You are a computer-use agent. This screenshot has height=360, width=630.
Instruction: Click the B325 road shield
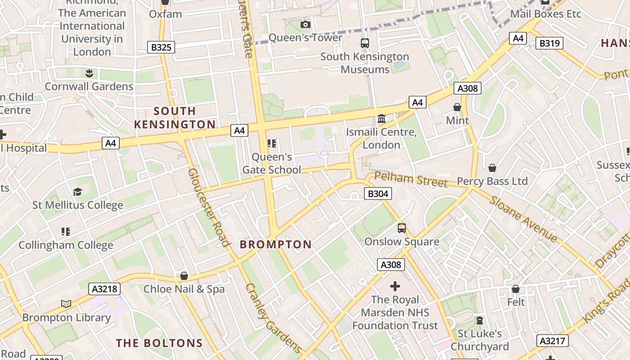pos(161,47)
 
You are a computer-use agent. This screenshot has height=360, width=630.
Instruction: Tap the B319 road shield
pos(549,43)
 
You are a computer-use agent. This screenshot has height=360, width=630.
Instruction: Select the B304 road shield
pos(378,194)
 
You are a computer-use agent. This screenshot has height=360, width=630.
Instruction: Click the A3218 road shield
pos(104,289)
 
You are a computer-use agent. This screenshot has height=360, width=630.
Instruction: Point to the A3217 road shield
pos(552,341)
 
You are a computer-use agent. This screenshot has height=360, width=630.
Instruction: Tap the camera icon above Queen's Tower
pos(306,24)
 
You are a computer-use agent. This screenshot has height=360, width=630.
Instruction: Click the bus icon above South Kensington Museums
pos(364,43)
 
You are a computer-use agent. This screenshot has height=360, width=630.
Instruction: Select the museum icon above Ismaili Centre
pos(382,119)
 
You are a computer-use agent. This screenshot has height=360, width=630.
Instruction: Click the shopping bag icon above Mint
pos(457,107)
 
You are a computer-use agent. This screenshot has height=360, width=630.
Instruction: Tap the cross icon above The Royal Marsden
pos(395,286)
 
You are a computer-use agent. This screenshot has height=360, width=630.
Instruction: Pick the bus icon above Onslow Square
pos(401,228)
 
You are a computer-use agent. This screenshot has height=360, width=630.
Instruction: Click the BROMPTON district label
pos(275,245)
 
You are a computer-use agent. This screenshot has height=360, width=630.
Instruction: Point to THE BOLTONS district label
pos(159,343)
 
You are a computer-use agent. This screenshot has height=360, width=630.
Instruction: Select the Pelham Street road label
pos(411,179)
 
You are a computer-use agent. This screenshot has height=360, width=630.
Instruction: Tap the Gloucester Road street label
pos(209,207)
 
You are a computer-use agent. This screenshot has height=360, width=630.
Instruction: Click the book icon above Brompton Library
pos(66,304)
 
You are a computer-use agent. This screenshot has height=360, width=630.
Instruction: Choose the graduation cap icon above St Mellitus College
pos(77,192)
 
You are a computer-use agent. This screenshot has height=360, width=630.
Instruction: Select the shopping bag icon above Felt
pos(516,288)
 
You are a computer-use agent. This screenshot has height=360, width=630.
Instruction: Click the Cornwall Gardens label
pos(89,86)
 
